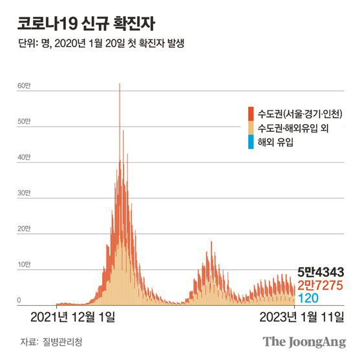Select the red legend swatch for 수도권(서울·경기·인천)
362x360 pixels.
tap(250, 114)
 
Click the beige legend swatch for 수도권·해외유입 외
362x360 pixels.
tap(250, 128)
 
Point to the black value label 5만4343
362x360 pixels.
tap(324, 271)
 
